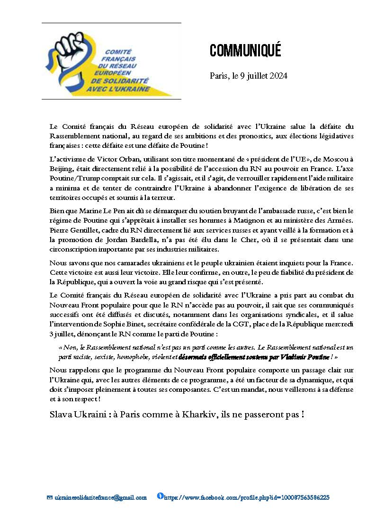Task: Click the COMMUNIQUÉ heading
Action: click(x=245, y=51)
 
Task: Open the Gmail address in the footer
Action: click(x=101, y=498)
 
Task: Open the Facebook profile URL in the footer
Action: click(x=247, y=498)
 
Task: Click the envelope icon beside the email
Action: click(x=50, y=498)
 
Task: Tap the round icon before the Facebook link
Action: click(x=160, y=496)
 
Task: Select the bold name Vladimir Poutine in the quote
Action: click(x=304, y=357)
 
